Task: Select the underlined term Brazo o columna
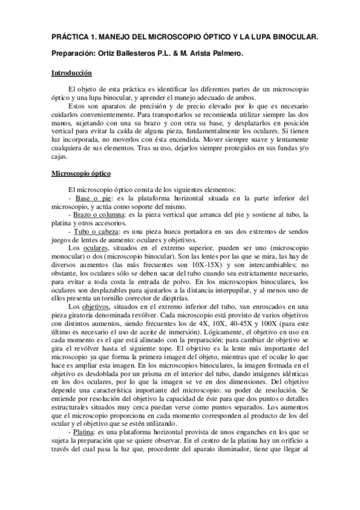point(97,215)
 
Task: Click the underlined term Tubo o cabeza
point(96,231)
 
